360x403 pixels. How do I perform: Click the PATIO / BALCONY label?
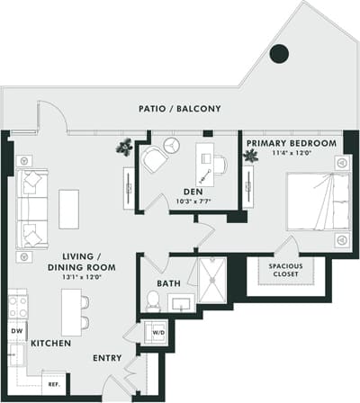181,109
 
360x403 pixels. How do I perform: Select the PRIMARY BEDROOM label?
292,143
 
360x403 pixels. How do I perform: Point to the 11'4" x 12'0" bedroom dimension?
292,153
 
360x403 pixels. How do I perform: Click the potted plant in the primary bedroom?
250,156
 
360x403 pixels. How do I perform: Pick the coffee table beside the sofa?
69,208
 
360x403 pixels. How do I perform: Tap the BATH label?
169,283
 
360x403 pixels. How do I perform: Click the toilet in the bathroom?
153,301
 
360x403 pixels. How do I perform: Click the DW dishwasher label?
15,331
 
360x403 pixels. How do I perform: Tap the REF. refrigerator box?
52,383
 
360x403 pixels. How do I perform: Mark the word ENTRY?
108,358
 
